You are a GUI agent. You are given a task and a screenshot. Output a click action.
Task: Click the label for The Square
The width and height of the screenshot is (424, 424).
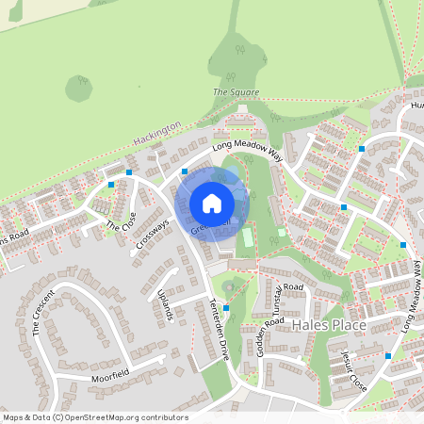[x=236, y=92]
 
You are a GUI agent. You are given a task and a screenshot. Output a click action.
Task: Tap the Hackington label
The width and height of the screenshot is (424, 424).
[x=156, y=131]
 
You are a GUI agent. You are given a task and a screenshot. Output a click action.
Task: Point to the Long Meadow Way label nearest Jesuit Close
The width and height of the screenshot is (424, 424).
[x=410, y=300]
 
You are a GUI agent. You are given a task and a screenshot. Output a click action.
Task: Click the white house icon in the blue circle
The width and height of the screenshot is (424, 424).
[x=212, y=203]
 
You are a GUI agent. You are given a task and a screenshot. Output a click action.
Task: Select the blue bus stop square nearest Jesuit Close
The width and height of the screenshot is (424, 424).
[x=387, y=356]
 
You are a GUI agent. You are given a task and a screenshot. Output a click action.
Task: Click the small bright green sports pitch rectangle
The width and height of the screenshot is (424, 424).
[x=248, y=237]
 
